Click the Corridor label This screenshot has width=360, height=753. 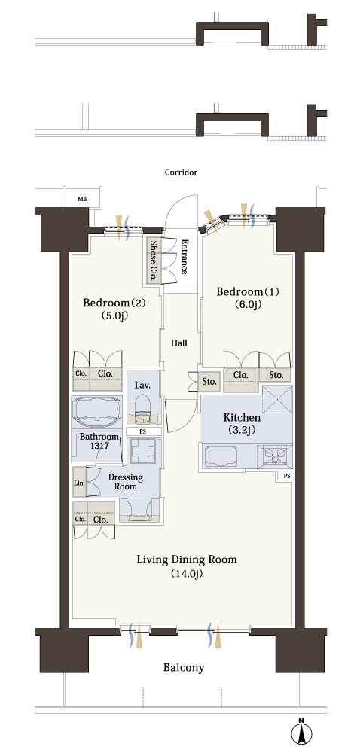pyautogui.click(x=181, y=172)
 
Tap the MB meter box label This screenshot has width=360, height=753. pyautogui.click(x=83, y=198)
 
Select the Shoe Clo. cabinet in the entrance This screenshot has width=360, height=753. pyautogui.click(x=154, y=261)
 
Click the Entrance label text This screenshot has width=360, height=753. pyautogui.click(x=185, y=257)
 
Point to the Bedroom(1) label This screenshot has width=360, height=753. pyautogui.click(x=248, y=291)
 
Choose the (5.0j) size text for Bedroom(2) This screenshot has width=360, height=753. pyautogui.click(x=114, y=316)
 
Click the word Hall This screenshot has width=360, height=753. pyautogui.click(x=180, y=343)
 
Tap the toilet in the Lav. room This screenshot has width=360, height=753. pyautogui.click(x=142, y=407)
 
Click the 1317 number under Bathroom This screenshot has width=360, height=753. pyautogui.click(x=99, y=445)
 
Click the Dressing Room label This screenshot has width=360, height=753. pyautogui.click(x=125, y=482)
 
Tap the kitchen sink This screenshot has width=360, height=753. pyautogui.click(x=221, y=456)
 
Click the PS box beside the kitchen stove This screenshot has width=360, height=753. pyautogui.click(x=286, y=476)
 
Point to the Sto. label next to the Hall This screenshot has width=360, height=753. pyautogui.click(x=209, y=383)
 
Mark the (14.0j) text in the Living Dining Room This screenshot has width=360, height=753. pyautogui.click(x=187, y=574)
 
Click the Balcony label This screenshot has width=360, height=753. pyautogui.click(x=184, y=667)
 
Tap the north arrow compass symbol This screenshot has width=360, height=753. pyautogui.click(x=301, y=732)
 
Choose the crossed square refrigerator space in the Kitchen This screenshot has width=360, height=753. pyautogui.click(x=277, y=398)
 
